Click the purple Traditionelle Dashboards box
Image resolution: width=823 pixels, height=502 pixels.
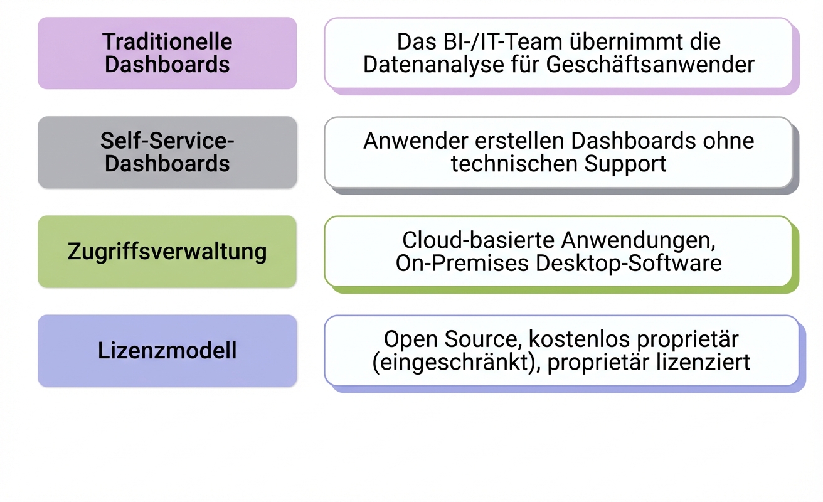167,53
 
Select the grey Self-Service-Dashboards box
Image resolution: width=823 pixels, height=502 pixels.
167,152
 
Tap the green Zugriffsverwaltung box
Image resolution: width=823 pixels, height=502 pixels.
167,252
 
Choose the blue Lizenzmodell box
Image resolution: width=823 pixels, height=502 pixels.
167,351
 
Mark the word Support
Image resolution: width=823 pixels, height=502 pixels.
625,164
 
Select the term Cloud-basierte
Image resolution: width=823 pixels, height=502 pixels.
479,240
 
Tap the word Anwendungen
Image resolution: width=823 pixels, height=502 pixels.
639,240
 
